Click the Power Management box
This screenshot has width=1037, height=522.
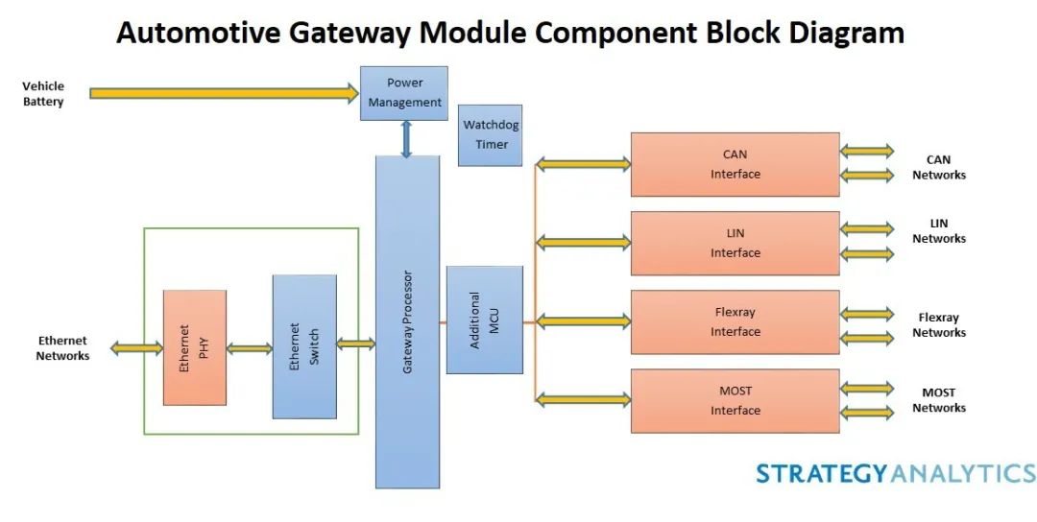[x=404, y=92]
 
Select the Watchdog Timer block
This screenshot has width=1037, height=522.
[x=490, y=135]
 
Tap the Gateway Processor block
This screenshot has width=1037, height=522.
[x=407, y=321]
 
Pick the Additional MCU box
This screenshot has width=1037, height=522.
[x=484, y=320]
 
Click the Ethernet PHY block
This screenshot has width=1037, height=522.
[x=195, y=347]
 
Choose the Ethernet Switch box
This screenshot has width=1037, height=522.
[x=304, y=346]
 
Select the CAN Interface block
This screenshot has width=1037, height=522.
[x=735, y=164]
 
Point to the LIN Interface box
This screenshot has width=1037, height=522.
[x=735, y=243]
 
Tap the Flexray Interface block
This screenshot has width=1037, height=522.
[x=735, y=321]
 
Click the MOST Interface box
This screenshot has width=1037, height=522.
[x=735, y=400]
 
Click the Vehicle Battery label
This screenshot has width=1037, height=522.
[x=43, y=94]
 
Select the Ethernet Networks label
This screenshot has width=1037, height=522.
[x=62, y=348]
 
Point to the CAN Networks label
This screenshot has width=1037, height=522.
[x=938, y=168]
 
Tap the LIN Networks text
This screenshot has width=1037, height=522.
[x=938, y=231]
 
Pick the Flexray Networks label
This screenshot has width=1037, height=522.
[x=938, y=325]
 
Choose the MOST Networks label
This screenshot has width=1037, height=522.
[x=938, y=400]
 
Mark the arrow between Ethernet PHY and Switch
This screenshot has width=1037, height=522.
[x=250, y=348]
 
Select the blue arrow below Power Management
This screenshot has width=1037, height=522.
[x=406, y=138]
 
